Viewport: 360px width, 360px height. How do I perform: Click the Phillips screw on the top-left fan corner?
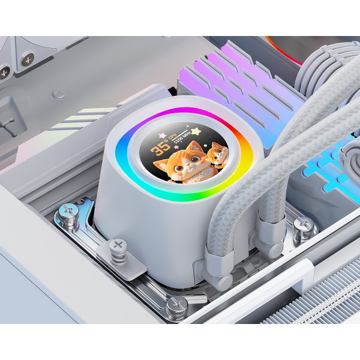[x=27, y=59]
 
